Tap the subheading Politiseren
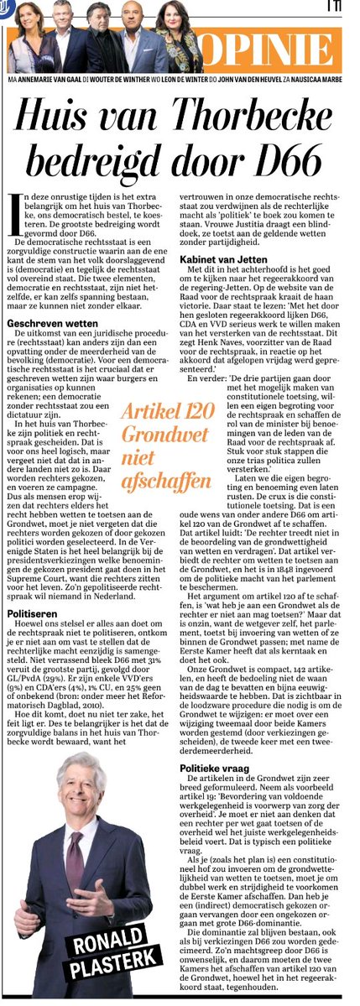pos(30,612)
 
